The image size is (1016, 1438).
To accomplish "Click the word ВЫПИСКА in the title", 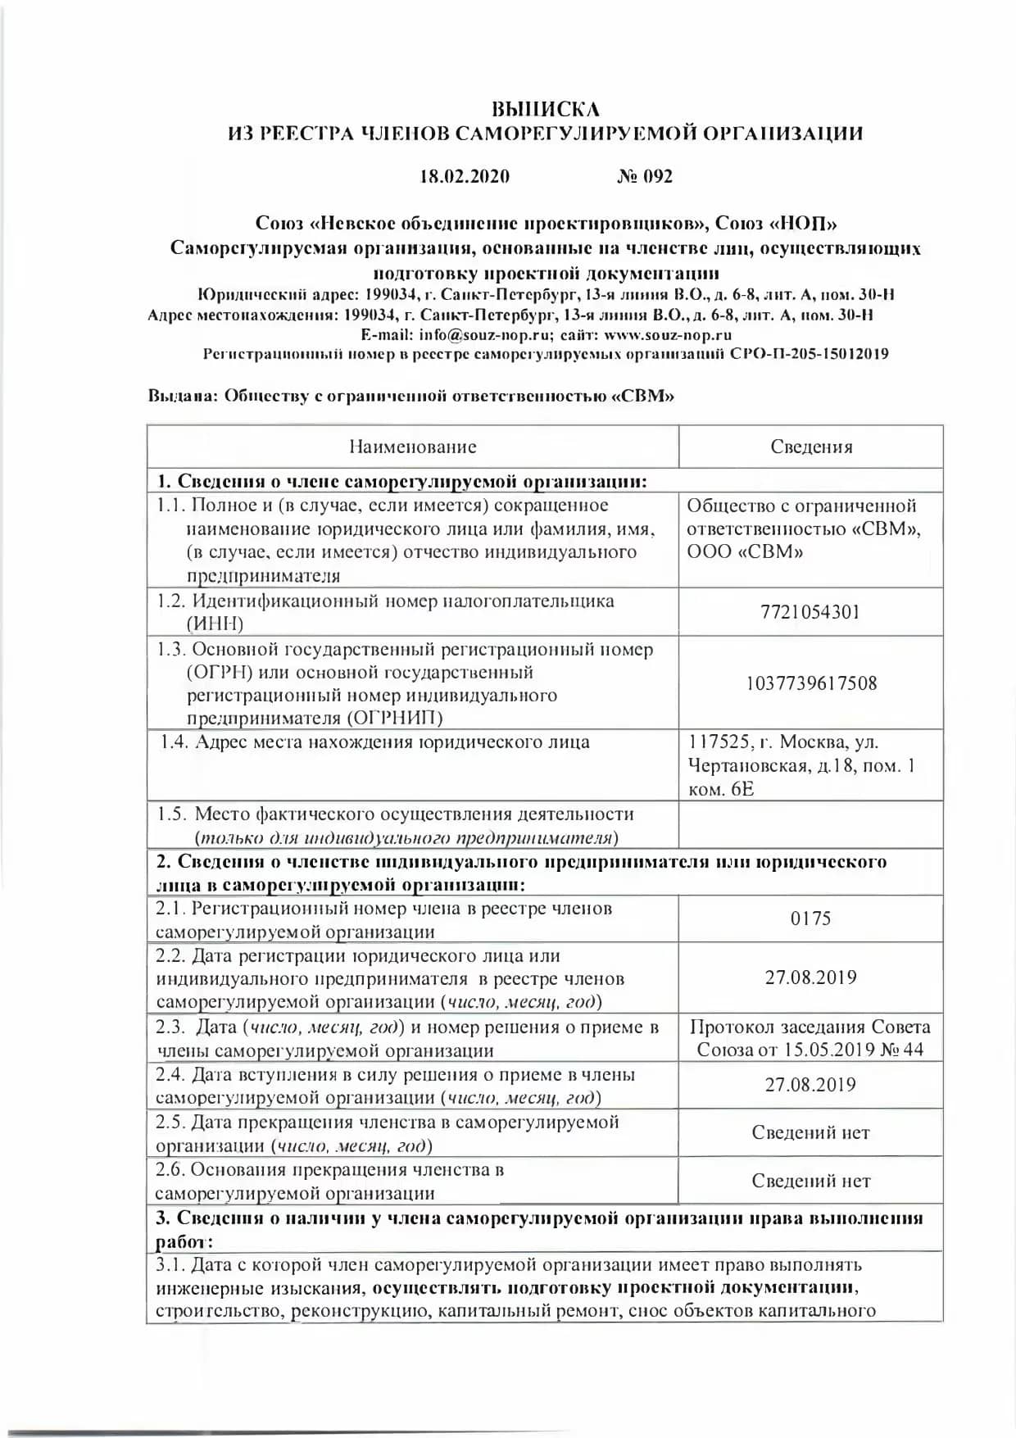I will point(545,109).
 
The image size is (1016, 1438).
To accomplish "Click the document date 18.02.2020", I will point(465,176).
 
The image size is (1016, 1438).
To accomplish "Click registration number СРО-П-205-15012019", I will point(809,355).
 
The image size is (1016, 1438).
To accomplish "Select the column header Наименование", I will point(412,447).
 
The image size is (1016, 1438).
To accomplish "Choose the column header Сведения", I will point(811,447).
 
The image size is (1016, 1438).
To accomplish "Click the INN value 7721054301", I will point(810,612).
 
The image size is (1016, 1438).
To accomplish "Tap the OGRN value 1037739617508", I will point(810,683).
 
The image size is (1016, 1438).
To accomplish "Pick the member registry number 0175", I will point(810,919).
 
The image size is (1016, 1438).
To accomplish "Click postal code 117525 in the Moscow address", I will point(719,742).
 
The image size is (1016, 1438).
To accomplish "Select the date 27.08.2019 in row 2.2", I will point(810,978).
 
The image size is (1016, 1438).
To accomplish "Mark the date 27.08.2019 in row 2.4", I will point(810,1085).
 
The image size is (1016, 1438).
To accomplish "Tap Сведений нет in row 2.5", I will point(810,1133).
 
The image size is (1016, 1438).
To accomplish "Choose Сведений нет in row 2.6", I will point(810,1182).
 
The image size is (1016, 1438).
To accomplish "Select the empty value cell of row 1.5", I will point(810,825).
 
